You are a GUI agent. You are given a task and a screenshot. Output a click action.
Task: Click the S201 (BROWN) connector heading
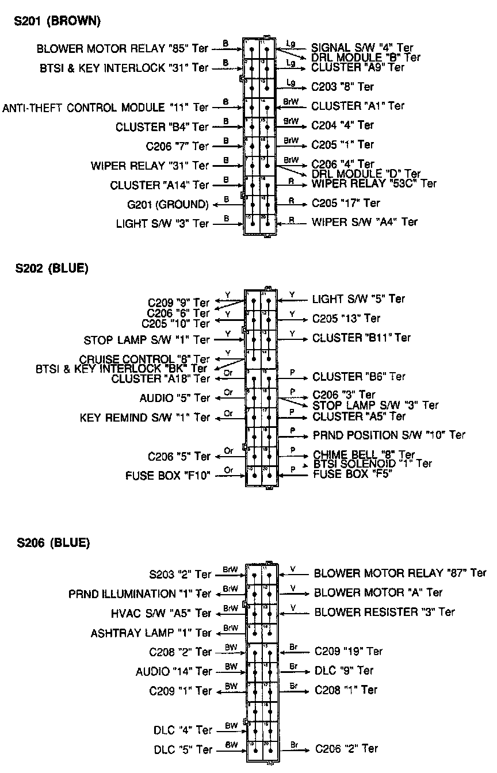(57, 21)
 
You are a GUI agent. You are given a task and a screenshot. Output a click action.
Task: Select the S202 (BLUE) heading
(51, 268)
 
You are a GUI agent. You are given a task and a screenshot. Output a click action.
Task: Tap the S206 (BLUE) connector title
(52, 543)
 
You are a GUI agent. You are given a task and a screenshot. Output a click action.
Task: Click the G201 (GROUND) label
(168, 204)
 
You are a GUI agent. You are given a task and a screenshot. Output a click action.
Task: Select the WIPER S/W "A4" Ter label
(365, 222)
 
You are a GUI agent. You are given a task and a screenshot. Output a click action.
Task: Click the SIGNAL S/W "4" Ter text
(362, 48)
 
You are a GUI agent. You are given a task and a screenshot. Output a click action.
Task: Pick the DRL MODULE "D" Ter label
(366, 174)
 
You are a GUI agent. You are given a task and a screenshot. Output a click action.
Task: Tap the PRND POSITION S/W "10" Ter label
(389, 435)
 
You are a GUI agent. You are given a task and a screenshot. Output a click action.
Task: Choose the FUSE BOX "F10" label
(168, 476)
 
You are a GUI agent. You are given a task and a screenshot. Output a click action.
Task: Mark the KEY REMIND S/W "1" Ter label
(145, 418)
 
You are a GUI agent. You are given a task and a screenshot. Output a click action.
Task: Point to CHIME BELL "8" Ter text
(364, 455)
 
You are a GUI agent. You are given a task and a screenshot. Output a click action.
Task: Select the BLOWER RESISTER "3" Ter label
(384, 612)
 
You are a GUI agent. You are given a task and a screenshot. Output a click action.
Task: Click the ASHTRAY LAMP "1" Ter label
(151, 633)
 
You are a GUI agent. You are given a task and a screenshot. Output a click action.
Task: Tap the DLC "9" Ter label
(344, 671)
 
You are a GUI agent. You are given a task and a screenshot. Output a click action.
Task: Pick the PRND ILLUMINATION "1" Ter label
(140, 594)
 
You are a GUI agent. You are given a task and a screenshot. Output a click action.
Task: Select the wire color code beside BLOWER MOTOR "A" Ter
(293, 588)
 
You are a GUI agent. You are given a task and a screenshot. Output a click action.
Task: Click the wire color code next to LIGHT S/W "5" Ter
(292, 295)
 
